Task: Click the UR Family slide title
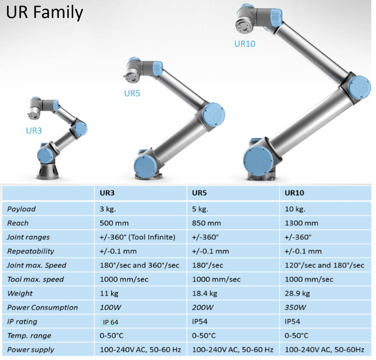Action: pos(44,12)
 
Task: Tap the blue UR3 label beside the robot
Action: pos(34,130)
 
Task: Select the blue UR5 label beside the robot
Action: pos(132,93)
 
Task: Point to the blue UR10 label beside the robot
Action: pos(244,44)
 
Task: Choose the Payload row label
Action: pos(21,209)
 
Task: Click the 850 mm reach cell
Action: pos(206,223)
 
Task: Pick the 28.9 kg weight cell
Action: pos(298,293)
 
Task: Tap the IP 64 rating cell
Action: pos(113,322)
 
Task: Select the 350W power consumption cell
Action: pos(295,308)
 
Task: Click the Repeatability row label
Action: pos(30,251)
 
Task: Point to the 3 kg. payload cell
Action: pos(107,209)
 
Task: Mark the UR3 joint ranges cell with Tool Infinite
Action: pos(135,237)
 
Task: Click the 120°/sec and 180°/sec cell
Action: pos(324,266)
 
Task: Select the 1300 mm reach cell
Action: pos(301,223)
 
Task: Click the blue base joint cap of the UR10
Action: pos(259,159)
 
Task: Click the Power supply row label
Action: pos(30,350)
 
